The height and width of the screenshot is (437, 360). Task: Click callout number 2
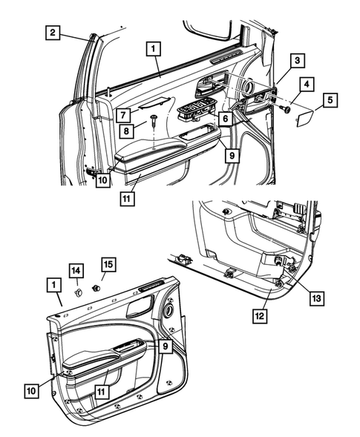point(52,32)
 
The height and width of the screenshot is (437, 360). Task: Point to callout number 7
point(122,114)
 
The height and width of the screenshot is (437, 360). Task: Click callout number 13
point(315,298)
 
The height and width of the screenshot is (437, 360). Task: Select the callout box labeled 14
point(76,269)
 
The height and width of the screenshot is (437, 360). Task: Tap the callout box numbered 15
point(108,263)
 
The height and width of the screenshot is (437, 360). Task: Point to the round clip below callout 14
point(76,292)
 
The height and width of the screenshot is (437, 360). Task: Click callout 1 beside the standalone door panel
point(52,284)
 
